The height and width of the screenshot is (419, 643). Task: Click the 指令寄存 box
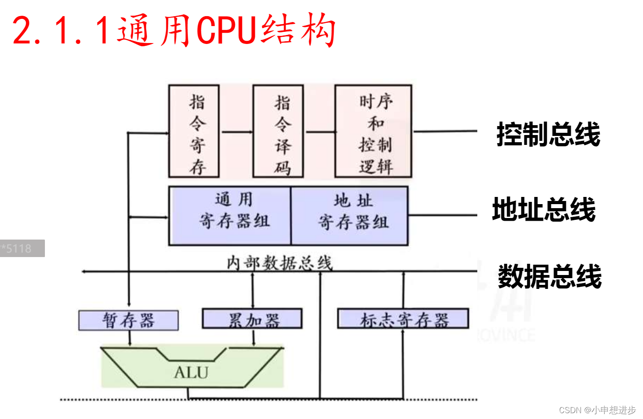pyautogui.click(x=194, y=131)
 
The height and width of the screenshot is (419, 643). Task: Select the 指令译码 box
pyautogui.click(x=278, y=131)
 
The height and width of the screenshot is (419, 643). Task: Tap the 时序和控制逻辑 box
pyautogui.click(x=373, y=131)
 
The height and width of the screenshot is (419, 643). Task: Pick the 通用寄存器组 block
pyautogui.click(x=230, y=216)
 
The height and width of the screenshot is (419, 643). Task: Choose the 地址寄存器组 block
pyautogui.click(x=350, y=216)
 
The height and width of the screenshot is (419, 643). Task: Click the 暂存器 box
pyautogui.click(x=128, y=320)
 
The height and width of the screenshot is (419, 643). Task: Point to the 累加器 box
pyautogui.click(x=252, y=319)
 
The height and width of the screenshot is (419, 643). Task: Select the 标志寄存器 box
pyautogui.click(x=403, y=319)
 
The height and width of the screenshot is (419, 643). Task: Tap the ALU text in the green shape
pyautogui.click(x=191, y=372)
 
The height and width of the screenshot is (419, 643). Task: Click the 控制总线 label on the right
pyautogui.click(x=548, y=134)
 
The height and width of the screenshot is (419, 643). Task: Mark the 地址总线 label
pyautogui.click(x=544, y=209)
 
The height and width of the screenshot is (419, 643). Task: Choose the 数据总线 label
pyautogui.click(x=550, y=276)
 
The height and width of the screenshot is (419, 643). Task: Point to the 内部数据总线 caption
pyautogui.click(x=279, y=263)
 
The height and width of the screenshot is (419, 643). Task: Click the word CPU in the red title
pyautogui.click(x=226, y=31)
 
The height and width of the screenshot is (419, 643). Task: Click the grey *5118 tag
pyautogui.click(x=22, y=249)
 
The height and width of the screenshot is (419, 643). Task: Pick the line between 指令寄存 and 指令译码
pyautogui.click(x=236, y=132)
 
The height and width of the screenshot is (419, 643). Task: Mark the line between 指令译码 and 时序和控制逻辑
pyautogui.click(x=319, y=132)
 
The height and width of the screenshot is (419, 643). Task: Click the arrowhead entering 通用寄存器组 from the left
pyautogui.click(x=165, y=217)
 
